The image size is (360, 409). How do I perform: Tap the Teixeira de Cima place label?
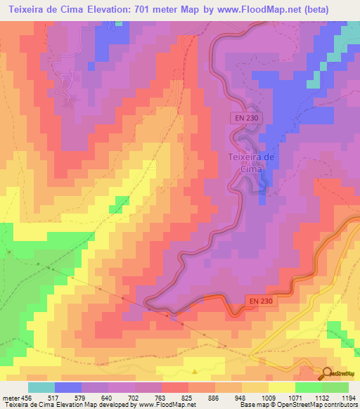click(x=251, y=163)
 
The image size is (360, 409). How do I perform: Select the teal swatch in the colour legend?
click(x=41, y=387)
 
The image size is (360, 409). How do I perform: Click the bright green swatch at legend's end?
click(x=335, y=387)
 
